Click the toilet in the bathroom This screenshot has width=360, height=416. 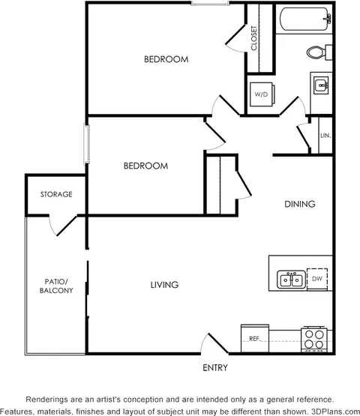[x=319, y=52]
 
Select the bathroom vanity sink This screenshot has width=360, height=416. [x=321, y=85]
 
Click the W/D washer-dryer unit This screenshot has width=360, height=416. [x=262, y=94]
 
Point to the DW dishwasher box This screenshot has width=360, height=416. [x=317, y=279]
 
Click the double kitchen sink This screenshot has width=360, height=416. [x=291, y=280]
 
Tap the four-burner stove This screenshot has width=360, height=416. [x=314, y=340]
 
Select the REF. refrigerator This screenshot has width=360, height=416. [x=255, y=338]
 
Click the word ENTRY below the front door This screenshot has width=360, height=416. [x=215, y=368]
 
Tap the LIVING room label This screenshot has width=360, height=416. [x=164, y=285]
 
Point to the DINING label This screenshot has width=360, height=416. [x=300, y=204]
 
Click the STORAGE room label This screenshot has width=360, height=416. [x=56, y=194]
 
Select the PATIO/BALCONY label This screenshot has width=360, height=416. [x=56, y=286]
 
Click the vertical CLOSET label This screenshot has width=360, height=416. [x=254, y=38]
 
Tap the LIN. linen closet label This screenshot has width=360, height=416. [x=325, y=136]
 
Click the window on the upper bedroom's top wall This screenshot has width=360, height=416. [x=210, y=3]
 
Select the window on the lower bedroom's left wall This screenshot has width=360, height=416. [x=86, y=144]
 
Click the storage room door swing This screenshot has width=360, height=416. [x=64, y=225]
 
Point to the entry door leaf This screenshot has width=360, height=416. [x=218, y=343]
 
